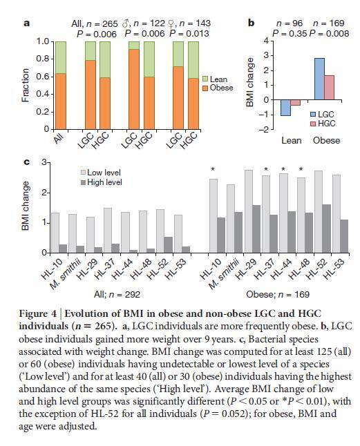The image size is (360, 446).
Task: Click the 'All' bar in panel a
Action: point(61,86)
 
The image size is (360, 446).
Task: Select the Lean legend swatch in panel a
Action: point(205,79)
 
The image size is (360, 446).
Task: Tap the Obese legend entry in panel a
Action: point(218,88)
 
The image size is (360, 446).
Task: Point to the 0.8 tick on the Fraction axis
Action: point(43,59)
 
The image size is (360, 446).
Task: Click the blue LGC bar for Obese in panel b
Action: point(319,79)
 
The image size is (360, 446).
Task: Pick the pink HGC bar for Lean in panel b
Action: point(296,103)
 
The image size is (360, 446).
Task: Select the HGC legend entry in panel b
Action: point(323,124)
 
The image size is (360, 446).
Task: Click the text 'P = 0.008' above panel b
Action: point(329,34)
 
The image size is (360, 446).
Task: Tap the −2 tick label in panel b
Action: point(263,130)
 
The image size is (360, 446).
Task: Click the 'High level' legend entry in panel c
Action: point(102,182)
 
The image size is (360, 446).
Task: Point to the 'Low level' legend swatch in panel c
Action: point(84,173)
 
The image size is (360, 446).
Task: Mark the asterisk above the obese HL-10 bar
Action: point(213,169)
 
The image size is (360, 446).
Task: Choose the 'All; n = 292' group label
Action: point(117,294)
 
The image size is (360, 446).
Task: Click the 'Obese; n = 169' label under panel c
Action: point(278,294)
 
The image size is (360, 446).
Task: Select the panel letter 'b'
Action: point(251,23)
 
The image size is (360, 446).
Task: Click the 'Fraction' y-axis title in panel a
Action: point(26,86)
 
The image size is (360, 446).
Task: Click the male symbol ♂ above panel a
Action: point(125,23)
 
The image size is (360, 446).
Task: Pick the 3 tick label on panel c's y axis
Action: point(44,162)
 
